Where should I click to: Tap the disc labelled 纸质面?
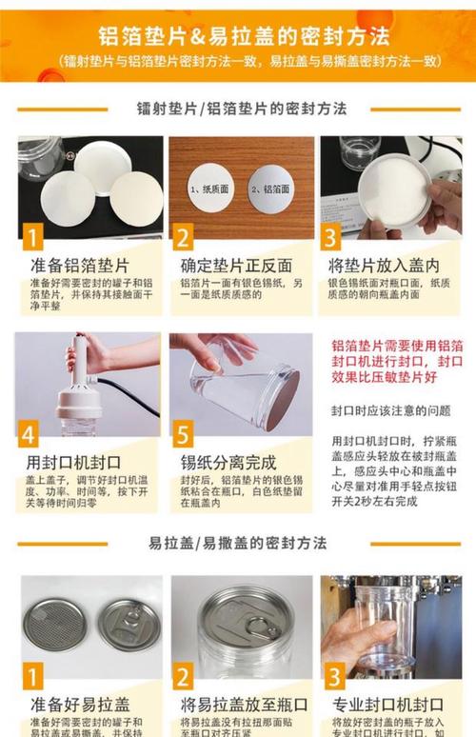pyautogui.click(x=210, y=189)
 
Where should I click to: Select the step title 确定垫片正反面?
pyautogui.click(x=236, y=265)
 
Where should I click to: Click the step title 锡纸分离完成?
pyautogui.click(x=229, y=464)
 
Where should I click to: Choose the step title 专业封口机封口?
pyautogui.click(x=387, y=706)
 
